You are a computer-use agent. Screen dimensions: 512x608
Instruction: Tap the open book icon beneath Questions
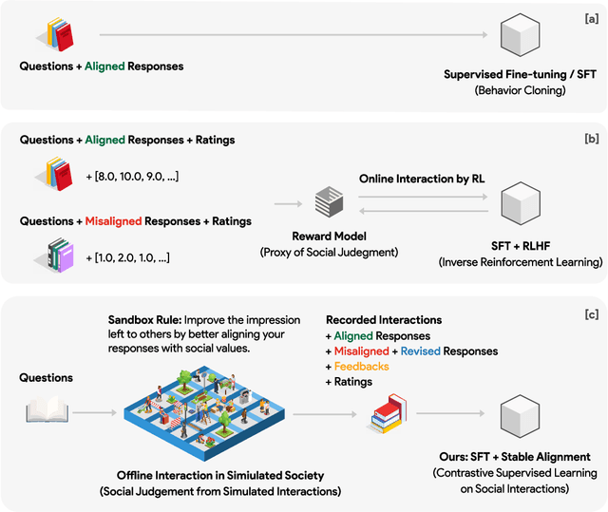[x=45, y=410]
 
